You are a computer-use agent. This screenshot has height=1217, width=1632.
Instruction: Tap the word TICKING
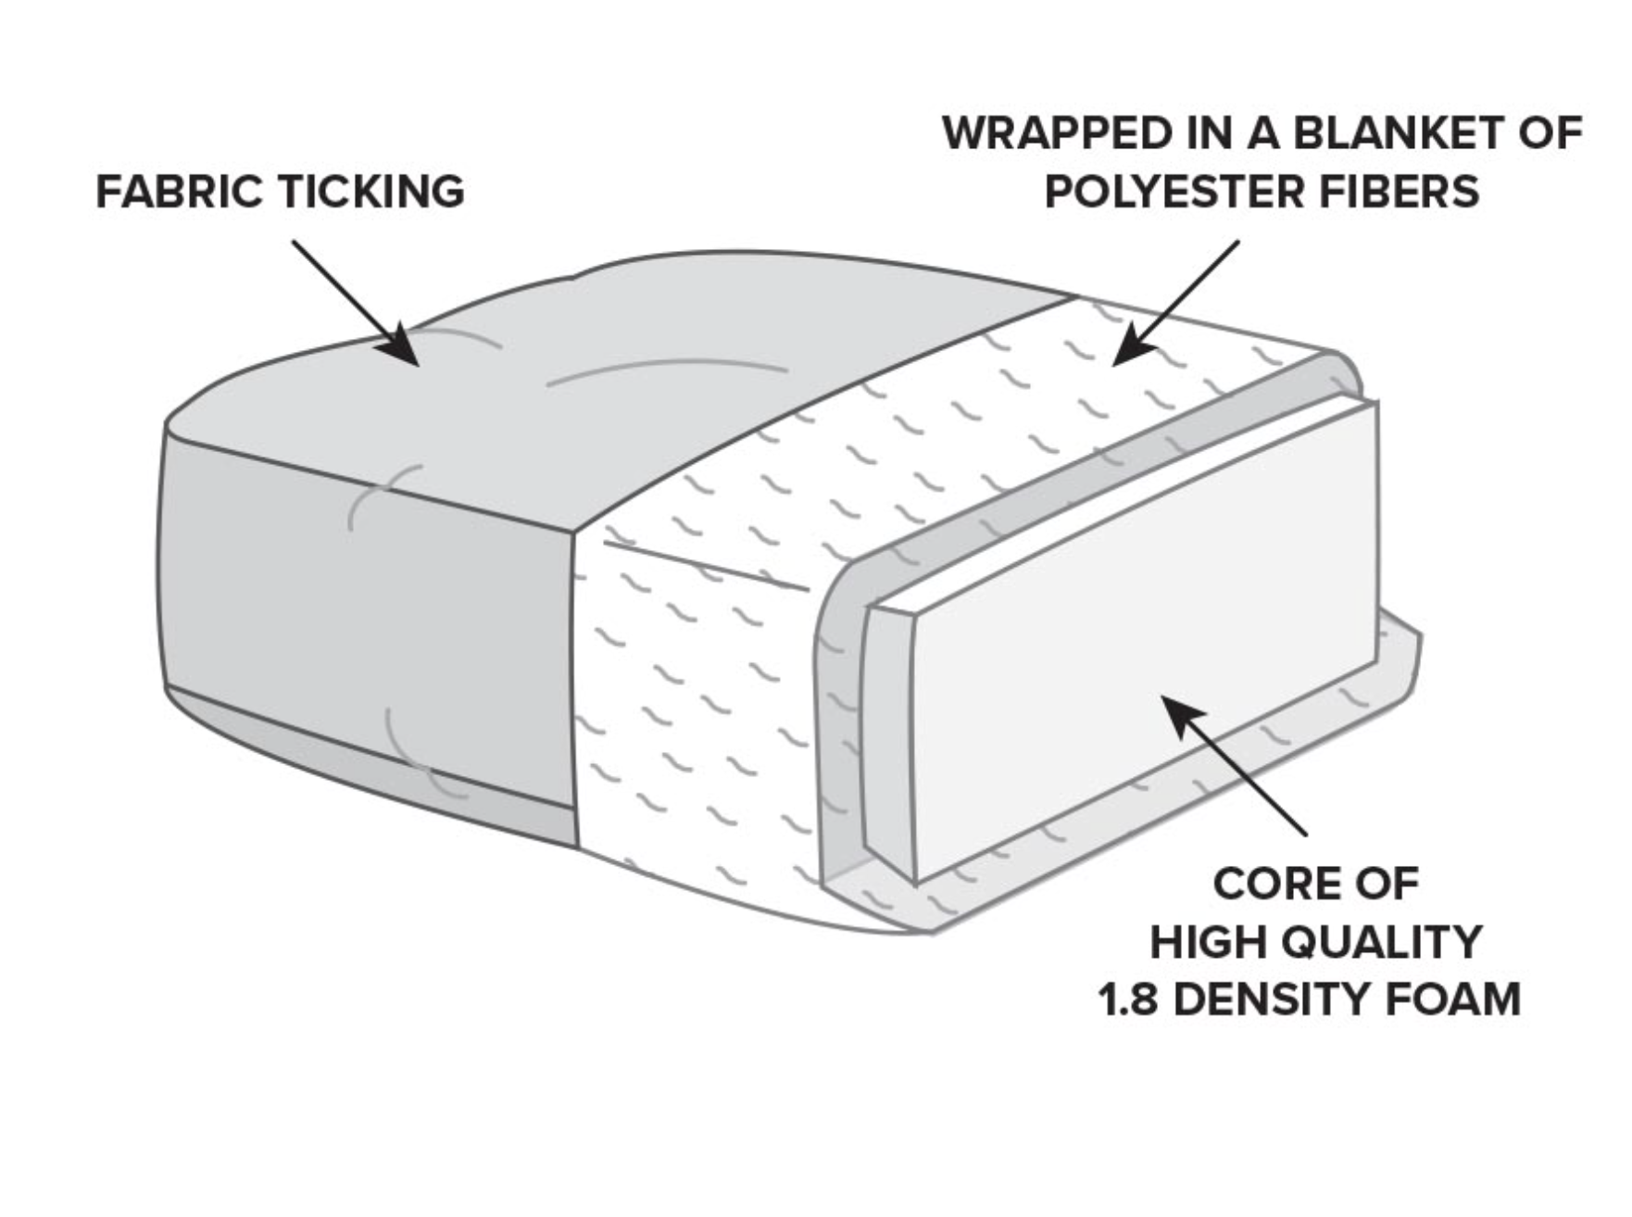(x=371, y=192)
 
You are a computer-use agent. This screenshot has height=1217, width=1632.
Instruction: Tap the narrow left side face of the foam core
(x=888, y=732)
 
